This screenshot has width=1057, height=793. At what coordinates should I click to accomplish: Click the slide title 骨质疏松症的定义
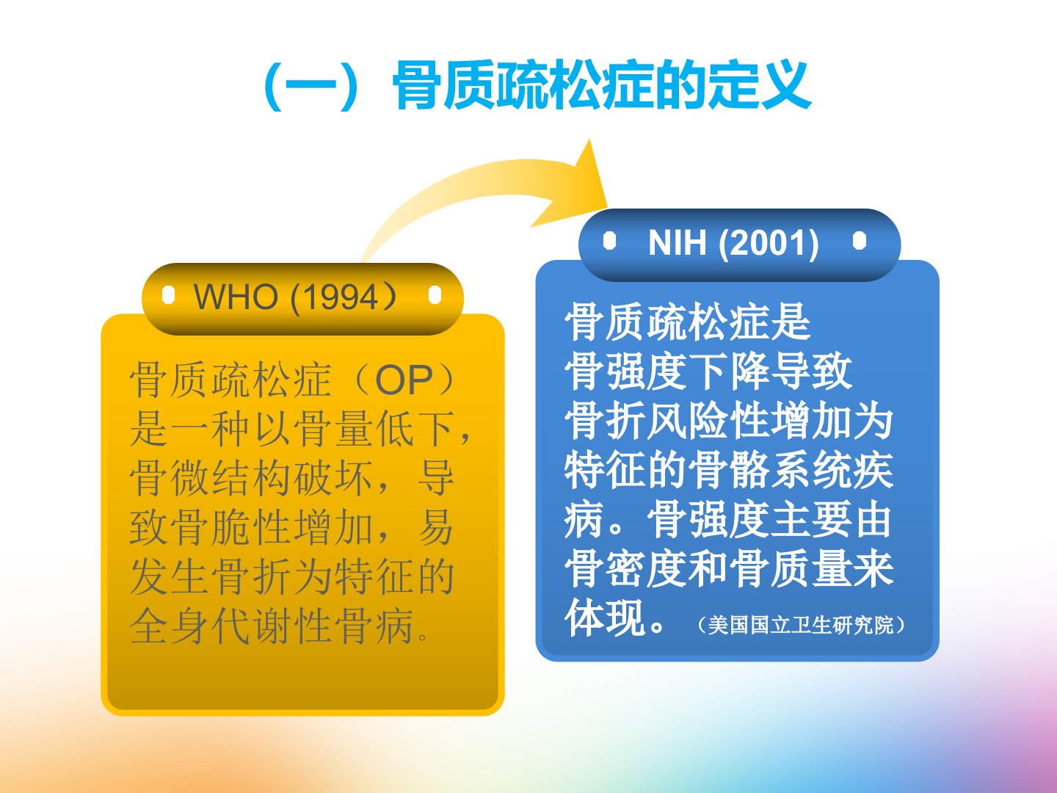click(603, 86)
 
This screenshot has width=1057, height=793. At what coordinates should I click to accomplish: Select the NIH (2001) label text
click(733, 242)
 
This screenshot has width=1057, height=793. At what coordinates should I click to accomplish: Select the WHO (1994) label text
click(295, 297)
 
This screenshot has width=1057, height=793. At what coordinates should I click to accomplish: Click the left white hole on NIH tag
click(609, 241)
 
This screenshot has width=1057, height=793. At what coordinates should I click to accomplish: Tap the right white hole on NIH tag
click(859, 241)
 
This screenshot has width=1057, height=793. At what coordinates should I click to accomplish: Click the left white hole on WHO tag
click(168, 294)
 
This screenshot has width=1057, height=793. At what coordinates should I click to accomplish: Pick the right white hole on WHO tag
click(435, 294)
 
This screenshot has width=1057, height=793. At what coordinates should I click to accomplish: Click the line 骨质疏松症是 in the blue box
click(688, 322)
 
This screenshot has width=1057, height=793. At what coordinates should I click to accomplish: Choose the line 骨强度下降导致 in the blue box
click(708, 372)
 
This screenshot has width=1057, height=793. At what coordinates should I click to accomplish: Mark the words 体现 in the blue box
click(606, 618)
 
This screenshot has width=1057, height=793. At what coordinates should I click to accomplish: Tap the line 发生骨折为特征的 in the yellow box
click(292, 577)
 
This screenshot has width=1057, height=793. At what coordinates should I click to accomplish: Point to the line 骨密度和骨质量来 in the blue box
click(729, 569)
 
